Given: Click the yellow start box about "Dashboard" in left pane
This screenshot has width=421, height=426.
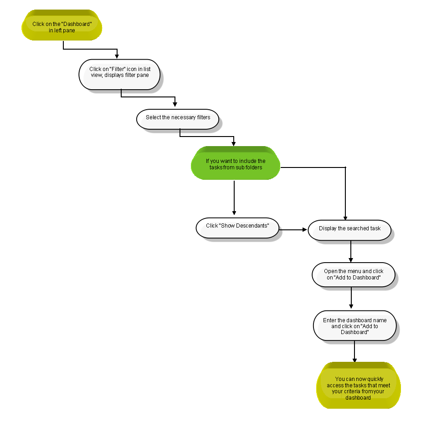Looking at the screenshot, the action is pos(62,25).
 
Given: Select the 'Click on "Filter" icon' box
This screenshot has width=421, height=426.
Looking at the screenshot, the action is pos(119,75).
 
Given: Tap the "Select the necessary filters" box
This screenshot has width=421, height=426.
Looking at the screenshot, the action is pos(178,119).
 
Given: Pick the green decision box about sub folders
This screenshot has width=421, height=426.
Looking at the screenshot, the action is pos(236,163).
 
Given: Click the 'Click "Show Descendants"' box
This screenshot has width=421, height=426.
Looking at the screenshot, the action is pos(237,228).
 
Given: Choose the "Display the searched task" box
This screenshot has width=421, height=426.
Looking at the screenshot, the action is pos(349,230).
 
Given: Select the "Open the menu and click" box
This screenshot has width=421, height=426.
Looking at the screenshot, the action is pos(353,275).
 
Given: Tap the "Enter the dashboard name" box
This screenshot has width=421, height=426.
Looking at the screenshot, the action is pos(354,326).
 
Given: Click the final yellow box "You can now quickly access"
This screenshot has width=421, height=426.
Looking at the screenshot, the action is pos(359,385).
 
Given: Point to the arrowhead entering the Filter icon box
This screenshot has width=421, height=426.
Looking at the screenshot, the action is pos(117,56).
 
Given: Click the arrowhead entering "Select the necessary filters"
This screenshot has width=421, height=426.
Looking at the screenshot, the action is pos(175,104).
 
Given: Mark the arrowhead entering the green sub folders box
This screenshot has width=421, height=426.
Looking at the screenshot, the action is pos(234,144).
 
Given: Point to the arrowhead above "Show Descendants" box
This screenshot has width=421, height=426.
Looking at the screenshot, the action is pos(234,213).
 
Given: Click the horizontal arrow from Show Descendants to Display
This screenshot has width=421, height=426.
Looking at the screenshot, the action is pos(293,229).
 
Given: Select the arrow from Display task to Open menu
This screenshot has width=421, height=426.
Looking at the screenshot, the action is pos(351,251).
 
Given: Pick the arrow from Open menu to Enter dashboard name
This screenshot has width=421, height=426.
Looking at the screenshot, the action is pos(351,298).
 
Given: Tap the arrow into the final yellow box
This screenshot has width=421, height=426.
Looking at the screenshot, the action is pos(354,351).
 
